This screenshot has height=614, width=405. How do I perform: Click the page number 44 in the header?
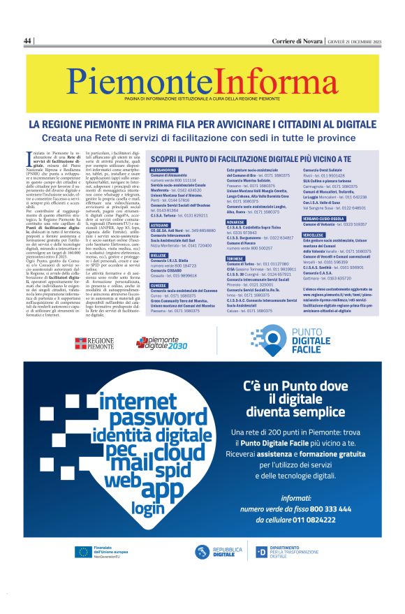pos(28,41)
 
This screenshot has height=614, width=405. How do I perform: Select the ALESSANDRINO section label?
pos(163,170)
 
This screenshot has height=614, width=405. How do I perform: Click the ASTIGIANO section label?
pos(161,226)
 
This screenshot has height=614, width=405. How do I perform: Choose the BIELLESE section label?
pos(160,256)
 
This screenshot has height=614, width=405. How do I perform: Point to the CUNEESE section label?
pos(160,285)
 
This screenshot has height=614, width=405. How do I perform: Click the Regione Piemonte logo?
pos(94,343)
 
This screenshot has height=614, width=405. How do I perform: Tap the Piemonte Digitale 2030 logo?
pos(161,342)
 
